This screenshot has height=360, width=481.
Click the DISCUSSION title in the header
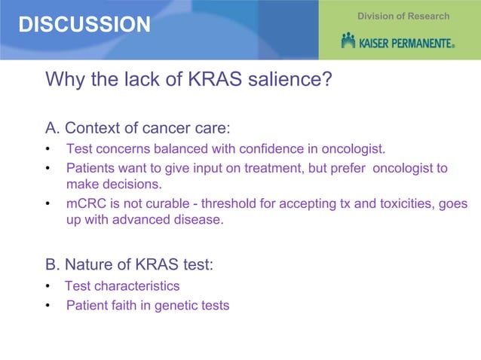pos(84,25)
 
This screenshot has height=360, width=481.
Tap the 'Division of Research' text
pos(403,16)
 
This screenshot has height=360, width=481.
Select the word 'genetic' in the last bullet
pos(170,306)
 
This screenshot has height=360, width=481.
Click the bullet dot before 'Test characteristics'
pos(48,287)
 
